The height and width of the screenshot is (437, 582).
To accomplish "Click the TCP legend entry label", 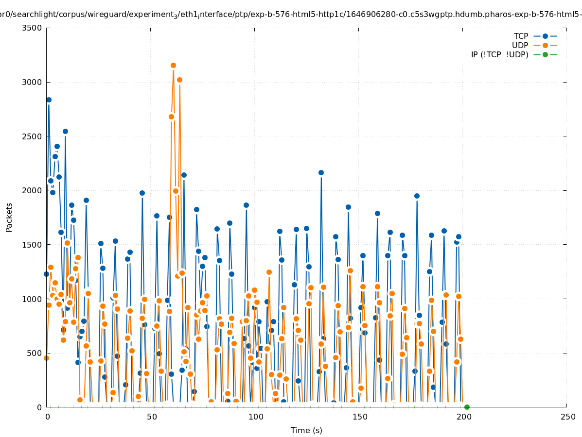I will [x=521, y=36].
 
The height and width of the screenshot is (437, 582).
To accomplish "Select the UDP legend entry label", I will [x=520, y=45].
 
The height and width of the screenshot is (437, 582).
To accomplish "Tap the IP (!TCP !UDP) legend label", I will [x=499, y=54].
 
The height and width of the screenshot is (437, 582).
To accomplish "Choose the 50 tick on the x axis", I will [x=152, y=417].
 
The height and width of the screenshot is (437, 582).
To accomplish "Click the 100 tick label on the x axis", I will [x=255, y=417].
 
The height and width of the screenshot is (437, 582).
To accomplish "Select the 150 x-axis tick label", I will [x=359, y=417].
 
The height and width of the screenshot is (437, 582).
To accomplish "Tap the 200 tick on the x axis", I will [x=463, y=417].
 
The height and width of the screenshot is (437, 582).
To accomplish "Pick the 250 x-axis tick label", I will [x=567, y=417].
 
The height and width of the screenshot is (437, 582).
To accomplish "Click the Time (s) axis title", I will [x=306, y=430].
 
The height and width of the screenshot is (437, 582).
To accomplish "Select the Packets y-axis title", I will [x=9, y=217].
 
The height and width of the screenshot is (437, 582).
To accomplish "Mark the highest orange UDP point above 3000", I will [x=173, y=65].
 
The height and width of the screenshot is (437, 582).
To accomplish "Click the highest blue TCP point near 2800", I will [x=49, y=100].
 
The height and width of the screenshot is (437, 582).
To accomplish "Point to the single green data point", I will [x=467, y=407].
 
